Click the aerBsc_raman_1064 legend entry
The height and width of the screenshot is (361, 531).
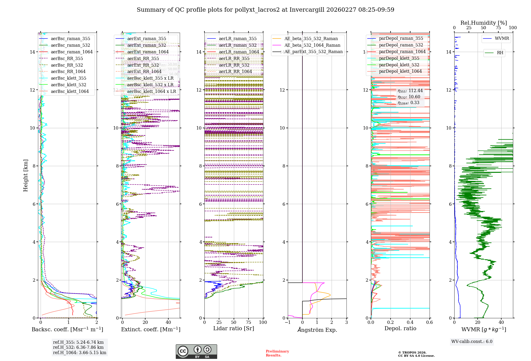[x=72, y=52]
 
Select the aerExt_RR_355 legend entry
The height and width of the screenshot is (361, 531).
[x=143, y=58]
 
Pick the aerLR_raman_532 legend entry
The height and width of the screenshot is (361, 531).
[x=238, y=45]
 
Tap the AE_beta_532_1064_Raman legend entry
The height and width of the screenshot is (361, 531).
[x=312, y=45]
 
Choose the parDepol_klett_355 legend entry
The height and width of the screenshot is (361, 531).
[x=399, y=58]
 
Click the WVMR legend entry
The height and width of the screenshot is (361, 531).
[x=502, y=38]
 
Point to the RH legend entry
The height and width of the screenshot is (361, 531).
[x=500, y=53]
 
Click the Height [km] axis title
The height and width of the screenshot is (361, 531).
[x=25, y=175]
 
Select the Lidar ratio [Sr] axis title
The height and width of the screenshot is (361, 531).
[x=234, y=328]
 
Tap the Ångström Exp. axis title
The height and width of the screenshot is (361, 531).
[x=317, y=330]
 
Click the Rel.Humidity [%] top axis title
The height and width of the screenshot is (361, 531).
[x=483, y=23]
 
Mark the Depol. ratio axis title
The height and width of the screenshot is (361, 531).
[x=400, y=328]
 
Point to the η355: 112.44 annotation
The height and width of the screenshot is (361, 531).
[x=410, y=91]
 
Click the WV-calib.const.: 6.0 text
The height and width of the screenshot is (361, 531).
[x=472, y=342]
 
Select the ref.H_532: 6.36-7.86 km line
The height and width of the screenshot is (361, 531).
[x=78, y=347]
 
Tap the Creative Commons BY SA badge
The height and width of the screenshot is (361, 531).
[x=196, y=352]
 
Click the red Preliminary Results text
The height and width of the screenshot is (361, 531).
[x=277, y=353]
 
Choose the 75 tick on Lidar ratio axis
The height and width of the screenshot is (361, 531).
[x=249, y=322]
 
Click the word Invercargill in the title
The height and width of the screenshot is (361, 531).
[x=307, y=10]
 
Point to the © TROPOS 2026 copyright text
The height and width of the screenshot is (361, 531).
[x=412, y=353]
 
